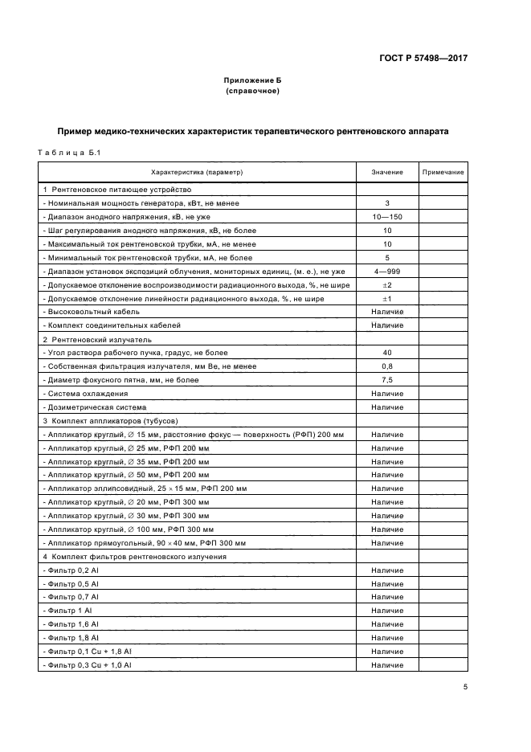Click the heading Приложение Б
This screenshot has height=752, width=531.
[x=253, y=81]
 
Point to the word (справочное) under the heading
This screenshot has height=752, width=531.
[x=253, y=91]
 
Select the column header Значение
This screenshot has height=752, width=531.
[x=386, y=173]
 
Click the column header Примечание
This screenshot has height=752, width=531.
[x=443, y=173]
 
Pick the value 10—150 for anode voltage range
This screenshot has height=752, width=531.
[x=386, y=217]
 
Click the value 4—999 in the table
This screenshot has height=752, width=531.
[x=386, y=272]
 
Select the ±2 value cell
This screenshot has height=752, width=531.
[x=386, y=285]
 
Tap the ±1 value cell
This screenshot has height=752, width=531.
[x=386, y=299]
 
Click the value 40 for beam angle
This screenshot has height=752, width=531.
[x=386, y=353]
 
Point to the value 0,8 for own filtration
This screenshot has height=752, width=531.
[x=386, y=366]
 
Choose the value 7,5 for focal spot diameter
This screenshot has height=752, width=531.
[x=386, y=380]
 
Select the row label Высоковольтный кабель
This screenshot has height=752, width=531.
[x=93, y=312]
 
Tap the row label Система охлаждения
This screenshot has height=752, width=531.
[x=88, y=394]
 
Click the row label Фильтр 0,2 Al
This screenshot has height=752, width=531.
[x=72, y=570]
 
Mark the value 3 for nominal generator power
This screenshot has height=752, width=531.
[x=386, y=203]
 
